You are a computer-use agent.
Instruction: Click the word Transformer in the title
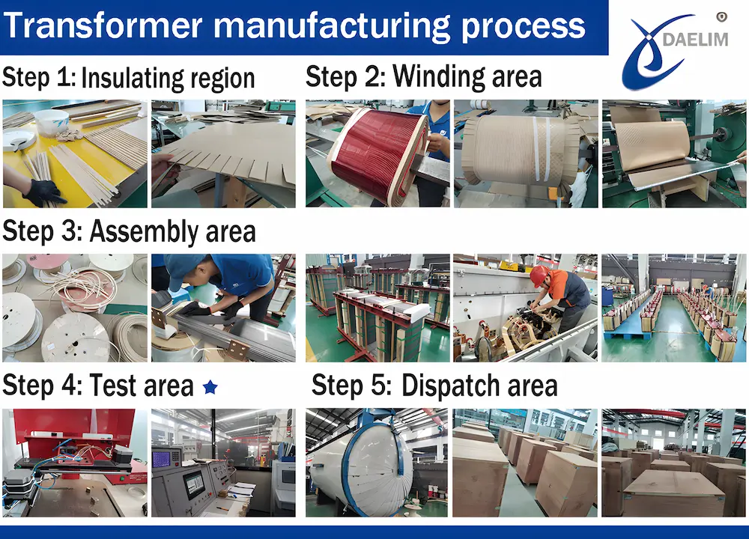(x=107, y=26)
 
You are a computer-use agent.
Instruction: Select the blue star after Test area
(x=210, y=387)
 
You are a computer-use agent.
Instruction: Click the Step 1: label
(x=39, y=77)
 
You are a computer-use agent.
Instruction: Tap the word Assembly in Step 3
(x=141, y=231)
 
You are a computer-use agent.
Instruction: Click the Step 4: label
(x=42, y=386)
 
